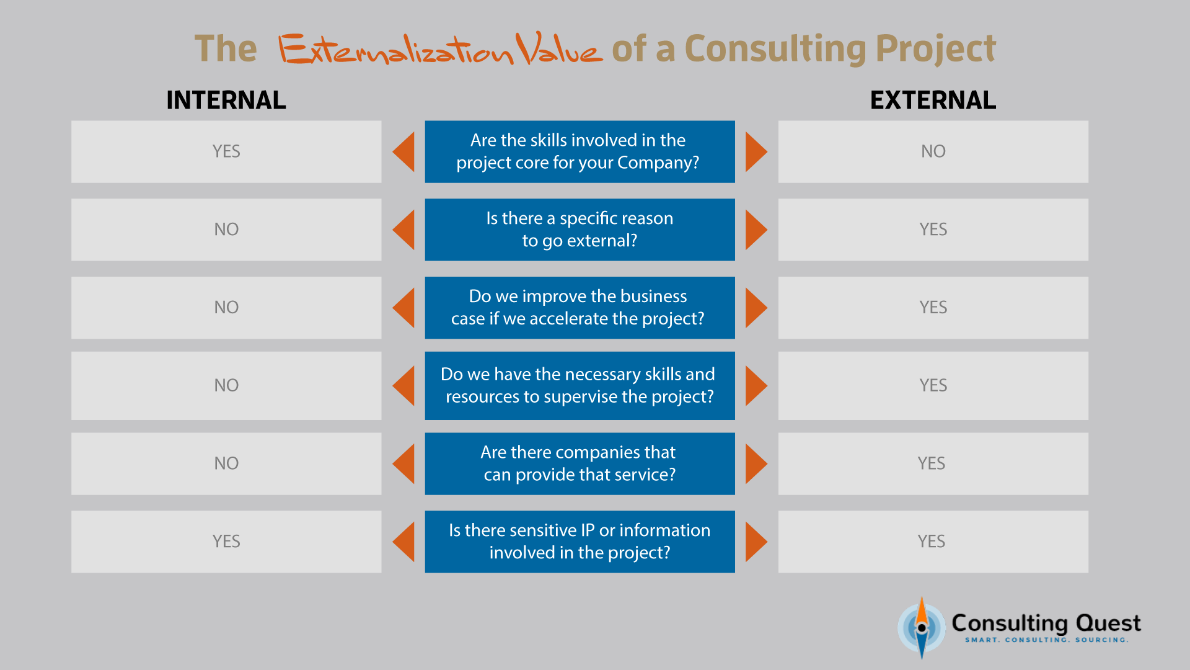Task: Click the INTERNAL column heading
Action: [226, 100]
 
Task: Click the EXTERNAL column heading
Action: [933, 100]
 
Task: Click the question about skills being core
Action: [580, 151]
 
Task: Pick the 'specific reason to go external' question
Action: [580, 230]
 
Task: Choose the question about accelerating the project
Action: [580, 308]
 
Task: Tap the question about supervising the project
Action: [580, 386]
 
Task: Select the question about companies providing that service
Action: [580, 463]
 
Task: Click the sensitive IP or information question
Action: [580, 542]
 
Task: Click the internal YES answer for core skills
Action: [226, 151]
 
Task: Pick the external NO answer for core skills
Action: [933, 151]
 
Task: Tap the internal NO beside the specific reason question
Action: [226, 230]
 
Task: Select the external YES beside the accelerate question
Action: [933, 308]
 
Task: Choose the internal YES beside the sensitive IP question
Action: [226, 542]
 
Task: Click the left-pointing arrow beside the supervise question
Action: [403, 386]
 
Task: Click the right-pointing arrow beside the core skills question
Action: [756, 151]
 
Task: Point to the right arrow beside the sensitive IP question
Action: [756, 542]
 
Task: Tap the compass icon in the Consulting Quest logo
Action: [922, 628]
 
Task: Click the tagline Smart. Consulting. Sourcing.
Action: [1047, 640]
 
